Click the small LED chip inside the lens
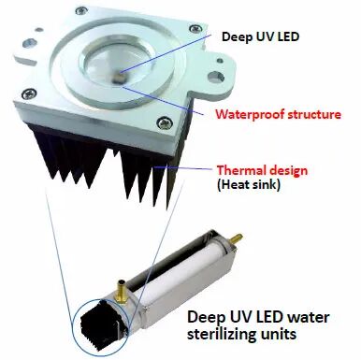click(x=118, y=77)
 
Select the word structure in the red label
click(x=313, y=115)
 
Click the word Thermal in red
click(x=241, y=170)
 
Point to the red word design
click(x=288, y=170)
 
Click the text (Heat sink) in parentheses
click(x=249, y=185)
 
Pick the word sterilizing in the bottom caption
click(x=221, y=335)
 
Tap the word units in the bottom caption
click(x=278, y=335)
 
